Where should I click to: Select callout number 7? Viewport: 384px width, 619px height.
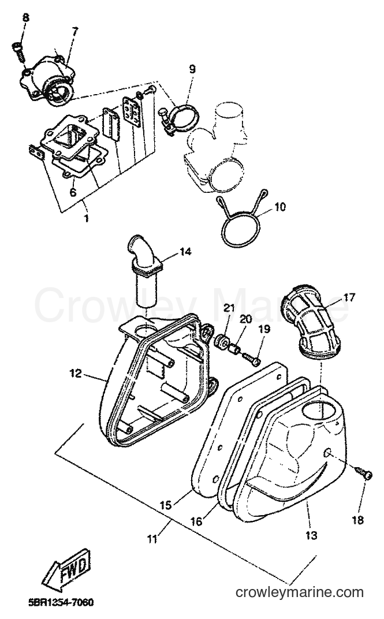(x=74, y=31)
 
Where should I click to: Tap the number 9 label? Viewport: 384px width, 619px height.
(x=192, y=69)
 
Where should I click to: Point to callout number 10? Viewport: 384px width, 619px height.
(x=280, y=207)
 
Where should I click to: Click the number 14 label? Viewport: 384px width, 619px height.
(x=185, y=251)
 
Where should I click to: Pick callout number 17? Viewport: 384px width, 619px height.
(x=349, y=297)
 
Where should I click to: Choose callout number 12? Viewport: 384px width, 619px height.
(x=76, y=373)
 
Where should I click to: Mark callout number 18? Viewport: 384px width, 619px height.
(x=357, y=520)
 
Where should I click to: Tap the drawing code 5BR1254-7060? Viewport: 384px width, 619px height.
(x=61, y=603)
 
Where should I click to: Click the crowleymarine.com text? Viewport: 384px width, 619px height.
(x=300, y=592)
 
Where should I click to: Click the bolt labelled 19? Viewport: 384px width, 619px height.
(x=251, y=357)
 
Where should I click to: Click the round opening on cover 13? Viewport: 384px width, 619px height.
(x=316, y=411)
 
